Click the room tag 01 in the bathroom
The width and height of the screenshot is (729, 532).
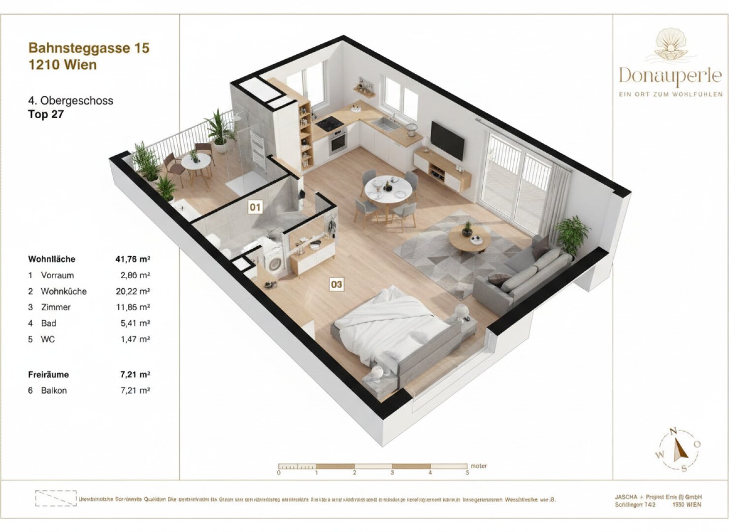click(x=255, y=207)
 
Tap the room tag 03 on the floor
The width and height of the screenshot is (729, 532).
click(x=336, y=284)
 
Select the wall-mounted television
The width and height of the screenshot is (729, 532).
click(x=447, y=140)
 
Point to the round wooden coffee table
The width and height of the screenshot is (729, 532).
click(x=469, y=240)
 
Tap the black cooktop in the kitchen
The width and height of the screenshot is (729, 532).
click(x=329, y=124)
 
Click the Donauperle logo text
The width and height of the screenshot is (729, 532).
click(x=670, y=76)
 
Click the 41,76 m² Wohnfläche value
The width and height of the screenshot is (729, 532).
click(x=133, y=259)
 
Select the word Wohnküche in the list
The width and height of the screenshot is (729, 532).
click(x=64, y=291)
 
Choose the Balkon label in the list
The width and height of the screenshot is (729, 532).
click(x=54, y=390)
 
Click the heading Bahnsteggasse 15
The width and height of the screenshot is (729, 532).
click(x=89, y=48)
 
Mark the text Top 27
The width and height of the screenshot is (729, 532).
click(x=46, y=115)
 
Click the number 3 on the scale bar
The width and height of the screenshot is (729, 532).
click(x=392, y=473)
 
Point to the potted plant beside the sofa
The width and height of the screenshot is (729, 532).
click(x=571, y=234)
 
